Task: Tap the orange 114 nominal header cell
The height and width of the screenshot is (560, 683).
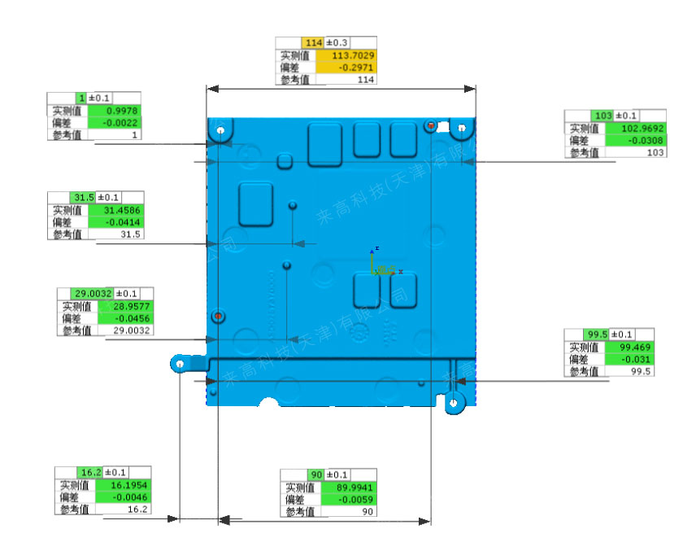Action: [x=313, y=42]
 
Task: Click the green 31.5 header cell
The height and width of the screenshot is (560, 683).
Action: [x=84, y=198]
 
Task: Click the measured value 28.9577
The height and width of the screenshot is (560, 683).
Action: [x=125, y=307]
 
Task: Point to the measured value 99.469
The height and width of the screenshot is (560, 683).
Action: [x=627, y=347]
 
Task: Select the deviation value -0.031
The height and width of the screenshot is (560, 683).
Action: [x=627, y=359]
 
